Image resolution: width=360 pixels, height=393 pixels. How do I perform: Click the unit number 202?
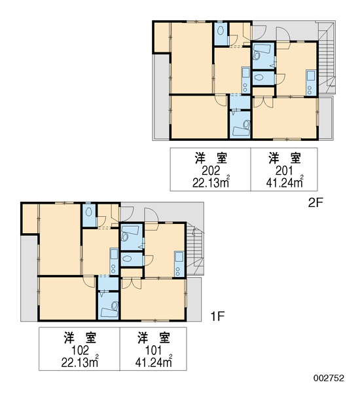211,171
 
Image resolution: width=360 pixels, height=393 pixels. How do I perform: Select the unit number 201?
284,171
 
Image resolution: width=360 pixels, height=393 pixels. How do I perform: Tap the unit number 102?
80,350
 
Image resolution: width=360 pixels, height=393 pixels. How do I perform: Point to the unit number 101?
153,350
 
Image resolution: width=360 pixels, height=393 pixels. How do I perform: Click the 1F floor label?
217,316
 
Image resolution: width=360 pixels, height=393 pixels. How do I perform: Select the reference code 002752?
329,378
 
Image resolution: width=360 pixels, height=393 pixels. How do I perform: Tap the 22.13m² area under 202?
211,182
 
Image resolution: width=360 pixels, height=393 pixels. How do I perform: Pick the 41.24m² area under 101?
154,362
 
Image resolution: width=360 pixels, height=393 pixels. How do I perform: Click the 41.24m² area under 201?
285,182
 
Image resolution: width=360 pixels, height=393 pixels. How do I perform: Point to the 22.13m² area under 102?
80,362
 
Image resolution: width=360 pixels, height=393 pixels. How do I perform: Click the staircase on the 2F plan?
327,58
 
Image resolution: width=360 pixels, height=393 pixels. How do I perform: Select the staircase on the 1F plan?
195,250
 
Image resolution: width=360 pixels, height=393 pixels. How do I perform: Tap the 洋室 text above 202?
211,159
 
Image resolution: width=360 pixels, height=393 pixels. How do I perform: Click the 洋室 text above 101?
154,338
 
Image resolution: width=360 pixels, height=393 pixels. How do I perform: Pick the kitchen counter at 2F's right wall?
311,83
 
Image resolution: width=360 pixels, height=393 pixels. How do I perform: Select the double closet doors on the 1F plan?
131,284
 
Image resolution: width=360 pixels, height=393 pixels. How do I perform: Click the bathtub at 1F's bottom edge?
109,312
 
